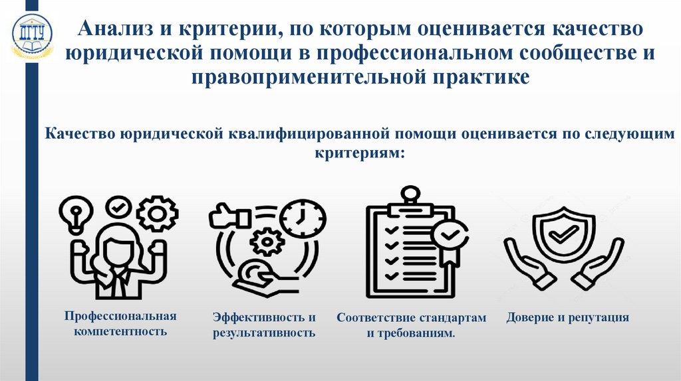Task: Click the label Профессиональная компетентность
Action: [x=120, y=322]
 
